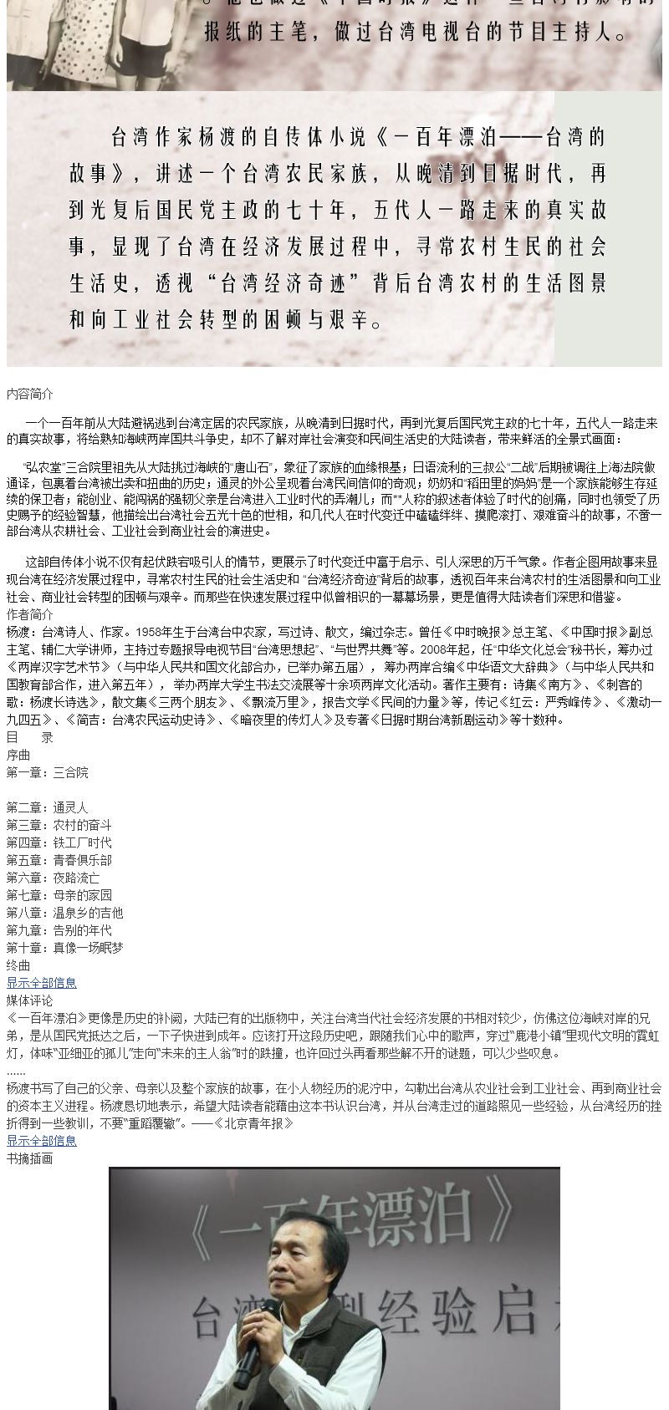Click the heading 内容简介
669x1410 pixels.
tap(30, 394)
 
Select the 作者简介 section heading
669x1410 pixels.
tap(30, 614)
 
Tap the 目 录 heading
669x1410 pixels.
tap(30, 737)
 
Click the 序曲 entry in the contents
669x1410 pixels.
tap(18, 755)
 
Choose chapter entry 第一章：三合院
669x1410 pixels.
tap(47, 772)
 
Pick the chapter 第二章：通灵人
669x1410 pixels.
tap(47, 807)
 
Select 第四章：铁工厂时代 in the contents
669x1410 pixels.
tap(59, 842)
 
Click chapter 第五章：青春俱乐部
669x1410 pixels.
tap(59, 860)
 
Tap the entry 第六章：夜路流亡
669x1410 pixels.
tap(53, 878)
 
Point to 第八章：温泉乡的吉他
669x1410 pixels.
tap(64, 913)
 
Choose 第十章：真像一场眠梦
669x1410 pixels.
tap(64, 948)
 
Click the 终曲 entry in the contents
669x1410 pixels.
tap(18, 965)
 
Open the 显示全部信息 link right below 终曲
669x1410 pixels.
tap(42, 983)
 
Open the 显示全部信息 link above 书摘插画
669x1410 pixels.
tap(42, 1141)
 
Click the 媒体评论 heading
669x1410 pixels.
tap(30, 1000)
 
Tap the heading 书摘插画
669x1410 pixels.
tap(30, 1158)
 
